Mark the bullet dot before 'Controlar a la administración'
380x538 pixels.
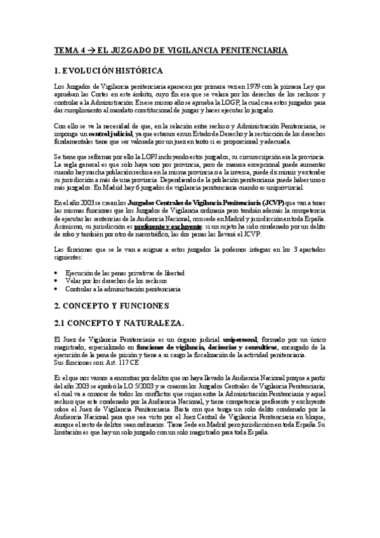pyautogui.click(x=57, y=289)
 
